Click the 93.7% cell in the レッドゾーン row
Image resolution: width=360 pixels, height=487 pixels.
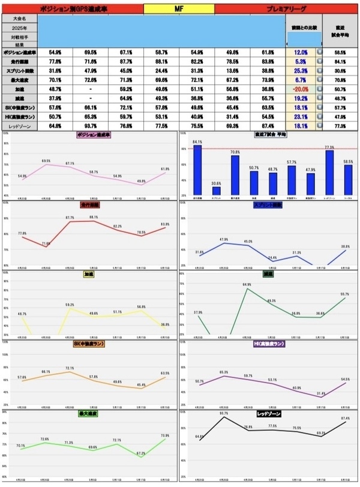(91, 126)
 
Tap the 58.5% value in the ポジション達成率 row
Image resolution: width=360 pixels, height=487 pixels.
(341, 52)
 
